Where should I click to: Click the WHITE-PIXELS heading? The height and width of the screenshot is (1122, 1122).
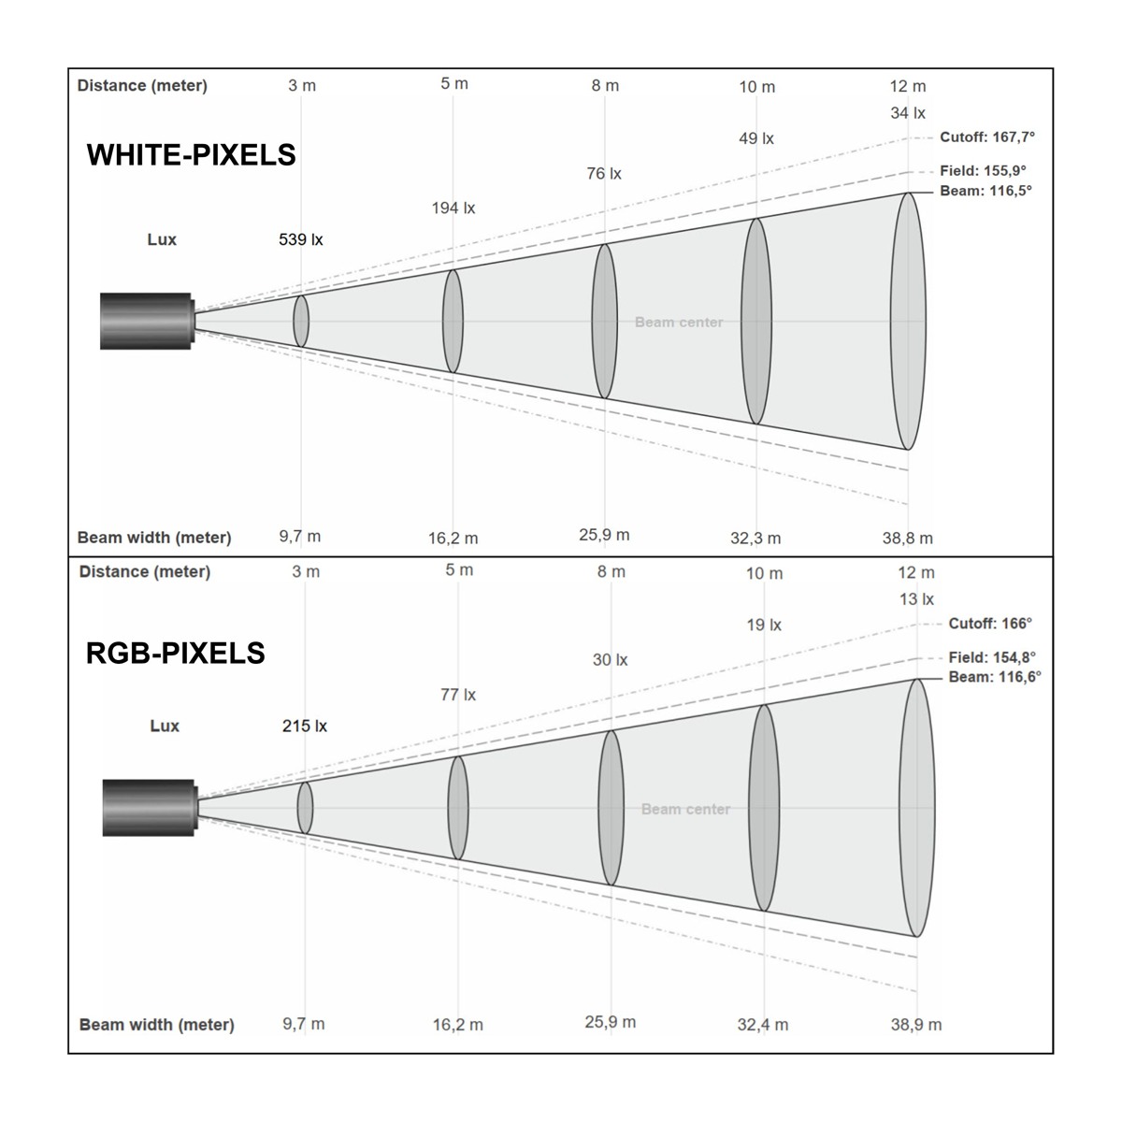coord(191,155)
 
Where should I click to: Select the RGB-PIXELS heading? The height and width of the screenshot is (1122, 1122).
coord(175,653)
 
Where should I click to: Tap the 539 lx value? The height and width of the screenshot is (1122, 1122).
coord(300,239)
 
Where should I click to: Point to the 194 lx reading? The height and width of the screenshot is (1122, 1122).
coord(453,208)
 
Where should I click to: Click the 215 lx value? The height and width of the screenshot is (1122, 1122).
coord(305,726)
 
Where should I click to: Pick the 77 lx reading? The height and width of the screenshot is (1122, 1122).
coord(458,695)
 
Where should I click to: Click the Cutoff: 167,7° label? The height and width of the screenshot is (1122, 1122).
coord(987,137)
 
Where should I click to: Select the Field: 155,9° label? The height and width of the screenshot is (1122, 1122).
coord(983,170)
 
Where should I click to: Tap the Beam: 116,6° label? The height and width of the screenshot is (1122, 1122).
coord(995,677)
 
